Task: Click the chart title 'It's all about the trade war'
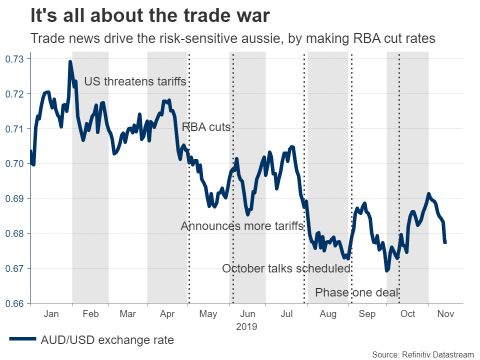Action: coord(150,15)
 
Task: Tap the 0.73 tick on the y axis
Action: coord(14,59)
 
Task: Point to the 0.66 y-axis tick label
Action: coord(14,303)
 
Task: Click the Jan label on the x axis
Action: coord(51,314)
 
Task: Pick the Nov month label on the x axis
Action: coord(445,314)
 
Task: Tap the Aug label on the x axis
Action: coord(327,314)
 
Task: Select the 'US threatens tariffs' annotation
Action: coord(135,81)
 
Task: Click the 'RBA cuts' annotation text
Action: coord(206,127)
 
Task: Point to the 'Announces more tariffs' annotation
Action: coord(242,226)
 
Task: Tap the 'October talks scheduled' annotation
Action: coord(286,269)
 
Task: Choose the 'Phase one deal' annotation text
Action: coord(357,292)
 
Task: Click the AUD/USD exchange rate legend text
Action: coord(107,340)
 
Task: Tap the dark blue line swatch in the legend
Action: coord(22,340)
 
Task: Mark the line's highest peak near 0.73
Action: coord(70,62)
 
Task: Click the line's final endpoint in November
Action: coord(445,242)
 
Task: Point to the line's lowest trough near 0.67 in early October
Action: coord(386,270)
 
